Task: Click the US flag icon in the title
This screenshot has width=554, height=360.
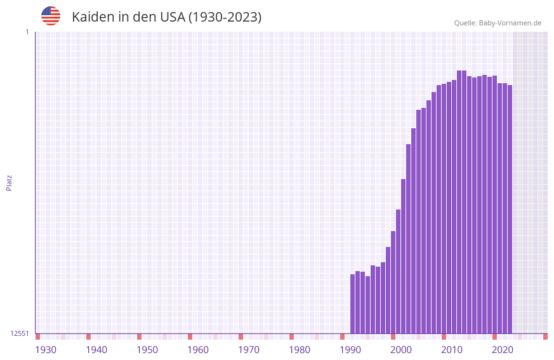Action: click(51, 16)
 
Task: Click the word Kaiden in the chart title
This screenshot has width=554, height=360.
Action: click(93, 17)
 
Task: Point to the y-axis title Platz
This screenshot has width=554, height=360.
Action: click(9, 182)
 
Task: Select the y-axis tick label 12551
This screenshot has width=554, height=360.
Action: click(20, 333)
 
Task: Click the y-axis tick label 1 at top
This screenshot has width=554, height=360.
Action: click(27, 32)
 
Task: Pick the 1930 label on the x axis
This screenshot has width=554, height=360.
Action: click(46, 350)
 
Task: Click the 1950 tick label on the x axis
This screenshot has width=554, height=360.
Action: click(147, 350)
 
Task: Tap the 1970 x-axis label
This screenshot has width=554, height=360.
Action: click(249, 350)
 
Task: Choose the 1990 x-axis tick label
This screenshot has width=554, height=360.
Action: click(350, 350)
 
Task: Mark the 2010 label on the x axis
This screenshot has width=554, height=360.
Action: click(452, 350)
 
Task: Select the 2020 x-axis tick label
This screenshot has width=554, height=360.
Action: click(503, 350)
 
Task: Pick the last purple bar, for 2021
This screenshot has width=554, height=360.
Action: click(510, 209)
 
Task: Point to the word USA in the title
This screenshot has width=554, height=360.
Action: click(173, 17)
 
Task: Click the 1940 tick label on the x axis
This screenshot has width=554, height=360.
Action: click(96, 350)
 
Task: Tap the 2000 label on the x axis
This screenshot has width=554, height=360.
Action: click(401, 350)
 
